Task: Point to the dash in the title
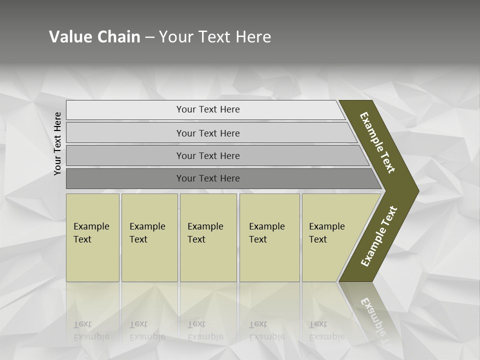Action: tap(149, 37)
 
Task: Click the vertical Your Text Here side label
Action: tap(57, 144)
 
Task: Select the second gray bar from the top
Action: tap(207, 133)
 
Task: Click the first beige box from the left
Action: tap(92, 237)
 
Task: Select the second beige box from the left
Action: tap(149, 237)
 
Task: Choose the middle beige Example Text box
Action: tap(208, 237)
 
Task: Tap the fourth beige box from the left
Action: tap(269, 237)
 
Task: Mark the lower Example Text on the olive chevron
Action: tap(379, 236)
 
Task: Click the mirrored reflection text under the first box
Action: tap(91, 330)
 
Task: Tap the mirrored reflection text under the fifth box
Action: tap(327, 330)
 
